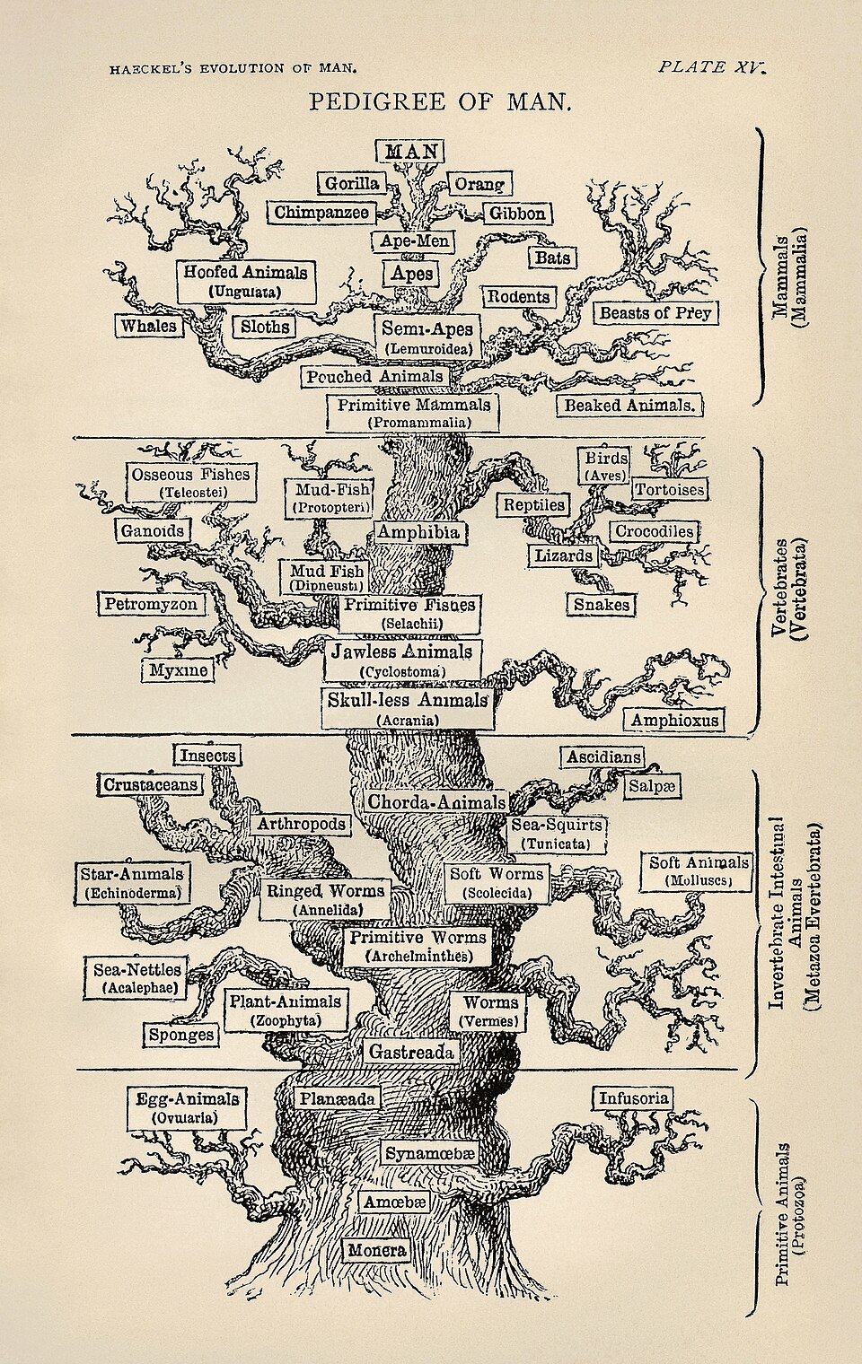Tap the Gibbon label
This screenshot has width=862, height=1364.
click(516, 214)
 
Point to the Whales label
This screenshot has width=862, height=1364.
click(149, 326)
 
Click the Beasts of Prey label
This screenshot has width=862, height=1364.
click(655, 313)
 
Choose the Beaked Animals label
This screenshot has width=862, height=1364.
click(629, 405)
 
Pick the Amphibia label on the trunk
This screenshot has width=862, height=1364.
click(418, 532)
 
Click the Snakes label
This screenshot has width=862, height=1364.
click(602, 605)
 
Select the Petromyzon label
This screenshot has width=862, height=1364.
click(150, 604)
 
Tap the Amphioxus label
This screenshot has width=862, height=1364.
click(674, 720)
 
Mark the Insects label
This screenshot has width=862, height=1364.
click(207, 756)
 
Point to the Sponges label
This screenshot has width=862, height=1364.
click(182, 1035)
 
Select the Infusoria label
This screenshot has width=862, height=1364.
click(632, 1098)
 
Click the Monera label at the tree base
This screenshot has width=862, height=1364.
click(377, 1250)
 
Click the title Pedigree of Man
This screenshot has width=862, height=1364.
click(440, 101)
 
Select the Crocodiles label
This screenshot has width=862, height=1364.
click(654, 531)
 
